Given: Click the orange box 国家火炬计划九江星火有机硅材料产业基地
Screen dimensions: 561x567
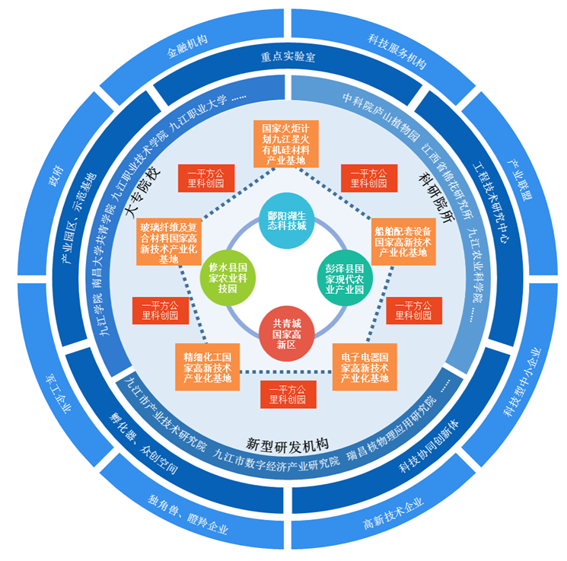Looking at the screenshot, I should (x=285, y=142).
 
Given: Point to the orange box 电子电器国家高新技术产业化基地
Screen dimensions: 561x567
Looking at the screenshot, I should (x=364, y=367).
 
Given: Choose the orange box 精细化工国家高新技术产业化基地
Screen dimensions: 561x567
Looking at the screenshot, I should (x=207, y=367).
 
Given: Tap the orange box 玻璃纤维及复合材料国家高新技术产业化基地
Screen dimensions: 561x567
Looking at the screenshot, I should (x=170, y=242).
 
